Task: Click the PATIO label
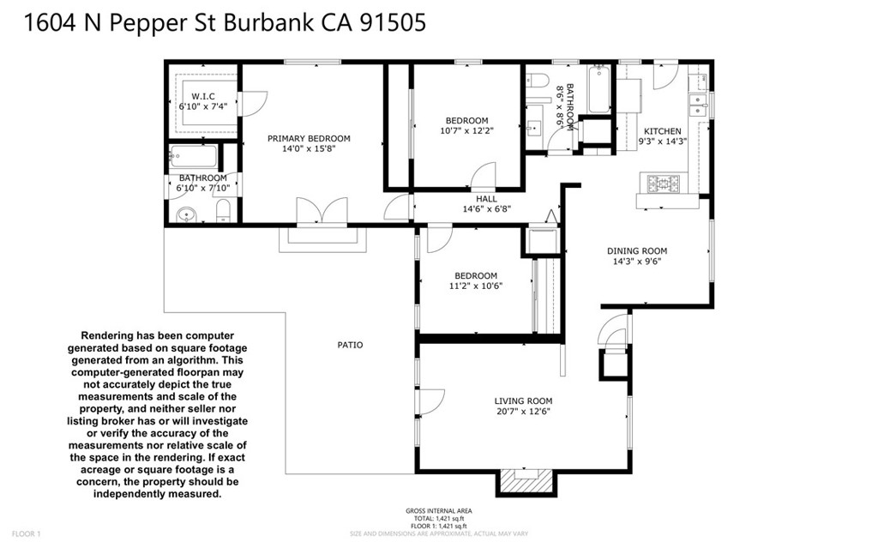[x=350, y=345]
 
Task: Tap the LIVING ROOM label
[x=523, y=401]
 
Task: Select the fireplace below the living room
[x=526, y=481]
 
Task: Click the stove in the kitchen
[x=664, y=184]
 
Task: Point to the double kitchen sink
[x=697, y=105]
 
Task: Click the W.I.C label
[x=203, y=96]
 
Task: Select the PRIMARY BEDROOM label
[x=309, y=138]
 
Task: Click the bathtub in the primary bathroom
[x=193, y=156]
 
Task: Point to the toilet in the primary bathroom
[x=224, y=210]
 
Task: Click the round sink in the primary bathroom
[x=185, y=214]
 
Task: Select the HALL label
[x=487, y=199]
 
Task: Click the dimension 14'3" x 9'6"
[x=637, y=261]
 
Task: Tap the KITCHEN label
[x=663, y=131]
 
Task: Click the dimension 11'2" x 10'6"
[x=476, y=286]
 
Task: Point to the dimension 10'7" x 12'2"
[x=467, y=130]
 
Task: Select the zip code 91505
[x=393, y=23]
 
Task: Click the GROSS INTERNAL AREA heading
[x=439, y=511]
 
